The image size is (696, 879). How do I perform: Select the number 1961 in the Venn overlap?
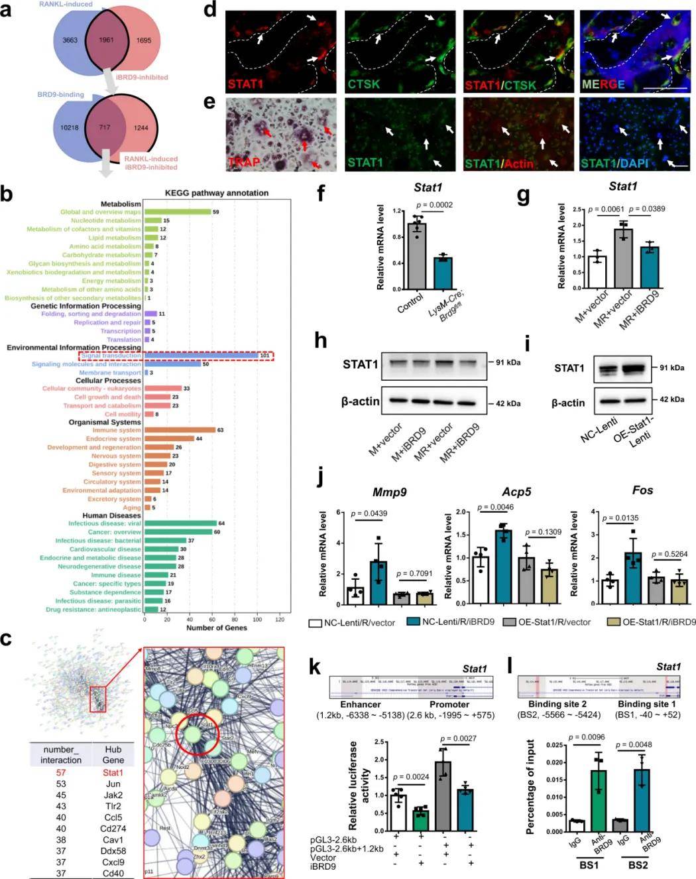[106, 40]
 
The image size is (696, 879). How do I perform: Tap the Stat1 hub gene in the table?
[113, 772]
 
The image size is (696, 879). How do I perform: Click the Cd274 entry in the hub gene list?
[113, 829]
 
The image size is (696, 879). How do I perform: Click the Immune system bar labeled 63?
[180, 430]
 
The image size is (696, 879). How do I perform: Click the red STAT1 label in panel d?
[245, 84]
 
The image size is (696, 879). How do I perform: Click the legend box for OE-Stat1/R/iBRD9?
[613, 622]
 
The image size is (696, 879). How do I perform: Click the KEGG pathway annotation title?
[217, 193]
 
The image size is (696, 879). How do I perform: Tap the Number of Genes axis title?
[217, 628]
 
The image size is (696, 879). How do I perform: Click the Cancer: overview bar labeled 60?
[178, 532]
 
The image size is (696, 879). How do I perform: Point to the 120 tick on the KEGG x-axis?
[280, 619]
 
